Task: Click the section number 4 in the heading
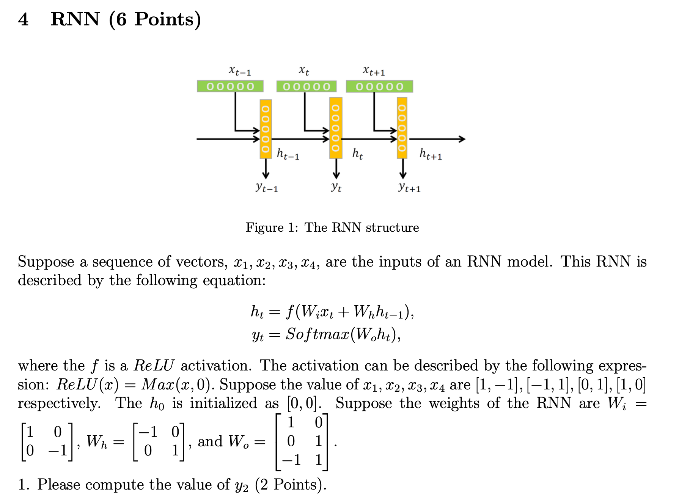23,19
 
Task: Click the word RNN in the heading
75,19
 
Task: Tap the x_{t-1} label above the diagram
239,71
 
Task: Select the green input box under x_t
306,86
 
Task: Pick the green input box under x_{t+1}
379,86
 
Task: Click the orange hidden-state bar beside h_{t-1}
266,129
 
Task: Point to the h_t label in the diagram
357,154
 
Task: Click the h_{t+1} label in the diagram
431,154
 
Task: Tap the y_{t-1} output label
267,187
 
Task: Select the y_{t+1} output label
409,187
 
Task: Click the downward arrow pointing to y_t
336,169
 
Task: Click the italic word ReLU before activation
154,366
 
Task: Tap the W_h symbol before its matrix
97,442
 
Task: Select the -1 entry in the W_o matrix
291,460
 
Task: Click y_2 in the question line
241,485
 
